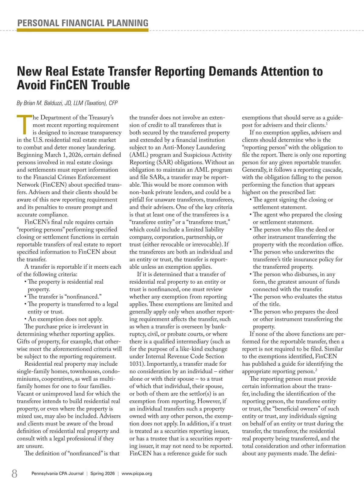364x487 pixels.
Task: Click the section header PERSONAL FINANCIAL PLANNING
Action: (83, 23)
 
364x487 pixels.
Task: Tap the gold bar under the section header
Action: (83, 30)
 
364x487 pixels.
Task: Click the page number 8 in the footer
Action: (14, 473)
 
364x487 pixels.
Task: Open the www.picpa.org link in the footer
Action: (136, 474)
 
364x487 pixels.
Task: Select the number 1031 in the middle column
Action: (136, 364)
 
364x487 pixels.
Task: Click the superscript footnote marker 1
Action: (326, 124)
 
